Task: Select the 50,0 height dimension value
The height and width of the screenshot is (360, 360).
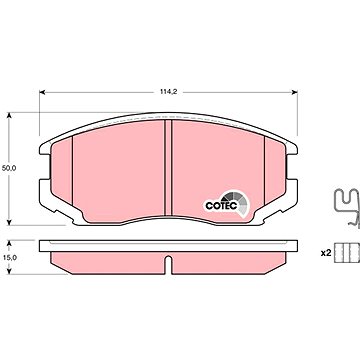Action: coord(9,168)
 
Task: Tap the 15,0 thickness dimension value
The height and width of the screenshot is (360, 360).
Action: coord(9,257)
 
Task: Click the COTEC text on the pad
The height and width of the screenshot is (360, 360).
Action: coord(221,206)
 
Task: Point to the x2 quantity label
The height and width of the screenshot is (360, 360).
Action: coord(326,253)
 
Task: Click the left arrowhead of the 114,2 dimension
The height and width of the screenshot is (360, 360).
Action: coord(42,92)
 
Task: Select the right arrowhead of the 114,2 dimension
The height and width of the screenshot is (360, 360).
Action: coord(294,92)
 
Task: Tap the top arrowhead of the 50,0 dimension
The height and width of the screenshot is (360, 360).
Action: coord(9,115)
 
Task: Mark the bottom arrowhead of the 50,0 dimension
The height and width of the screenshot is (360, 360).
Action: coord(9,222)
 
